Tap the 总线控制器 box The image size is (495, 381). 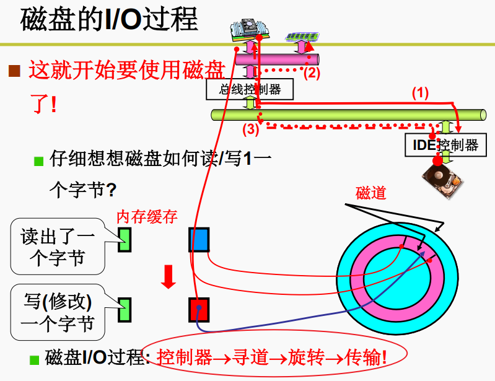[x=250, y=89]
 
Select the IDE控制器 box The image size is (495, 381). [x=445, y=146]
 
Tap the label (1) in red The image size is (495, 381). [x=420, y=93]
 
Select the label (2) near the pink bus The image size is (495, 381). [x=311, y=72]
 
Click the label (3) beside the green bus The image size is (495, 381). [x=250, y=129]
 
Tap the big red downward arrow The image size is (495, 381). [x=168, y=276]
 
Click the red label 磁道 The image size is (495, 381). [x=370, y=193]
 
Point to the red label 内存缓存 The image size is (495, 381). [x=147, y=216]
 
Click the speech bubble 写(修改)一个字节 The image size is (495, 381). [x=57, y=312]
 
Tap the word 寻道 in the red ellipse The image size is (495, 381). [x=250, y=357]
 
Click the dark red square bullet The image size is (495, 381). [x=14, y=71]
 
